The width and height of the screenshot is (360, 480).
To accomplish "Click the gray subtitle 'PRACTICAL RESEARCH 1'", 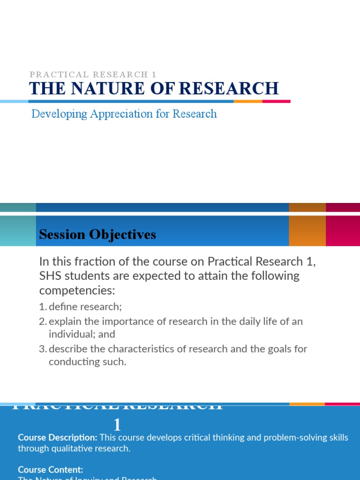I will (93, 75).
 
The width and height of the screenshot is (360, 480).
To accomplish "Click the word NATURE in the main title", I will (97, 89).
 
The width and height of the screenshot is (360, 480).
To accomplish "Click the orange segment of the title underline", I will (248, 101).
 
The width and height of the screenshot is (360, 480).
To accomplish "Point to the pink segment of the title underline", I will (276, 101).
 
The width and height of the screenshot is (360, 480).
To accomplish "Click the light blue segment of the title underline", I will (14, 101).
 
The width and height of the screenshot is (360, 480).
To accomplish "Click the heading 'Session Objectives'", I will (97, 235).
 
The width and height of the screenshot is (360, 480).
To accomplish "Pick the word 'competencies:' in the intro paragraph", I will (77, 291).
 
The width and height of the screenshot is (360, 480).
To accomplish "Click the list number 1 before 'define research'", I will (42, 307).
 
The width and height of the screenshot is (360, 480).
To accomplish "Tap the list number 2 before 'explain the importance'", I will (42, 322).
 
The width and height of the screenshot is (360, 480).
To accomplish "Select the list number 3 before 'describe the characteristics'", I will (42, 349).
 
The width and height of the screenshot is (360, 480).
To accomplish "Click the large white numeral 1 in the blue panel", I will (117, 425).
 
